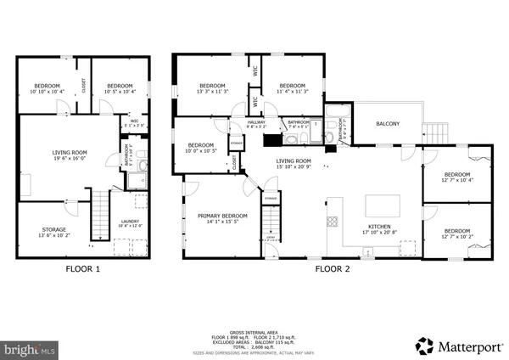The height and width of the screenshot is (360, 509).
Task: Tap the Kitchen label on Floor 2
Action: coord(378,228)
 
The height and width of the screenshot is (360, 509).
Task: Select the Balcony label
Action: coord(388,125)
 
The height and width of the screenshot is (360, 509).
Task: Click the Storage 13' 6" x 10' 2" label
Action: coord(53,230)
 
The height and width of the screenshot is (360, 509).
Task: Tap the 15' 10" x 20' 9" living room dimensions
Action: coord(293,167)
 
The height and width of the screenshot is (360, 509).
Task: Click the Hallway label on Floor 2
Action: coord(256,124)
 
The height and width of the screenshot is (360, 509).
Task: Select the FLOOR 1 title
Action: coord(82,269)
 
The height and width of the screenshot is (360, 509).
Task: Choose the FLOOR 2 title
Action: coord(333,269)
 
